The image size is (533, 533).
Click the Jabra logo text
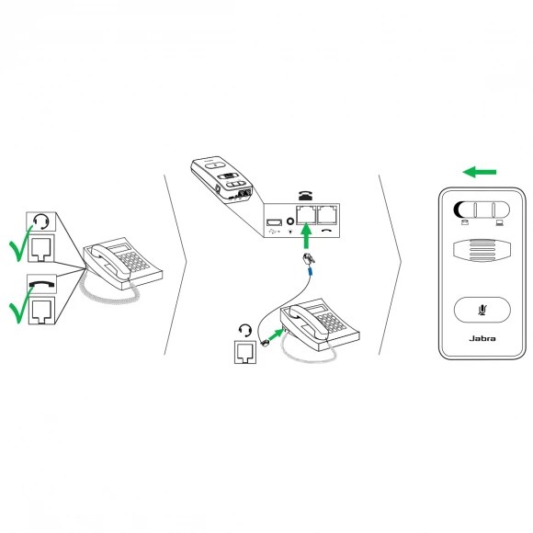[x=482, y=338]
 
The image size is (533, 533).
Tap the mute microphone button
[x=482, y=310]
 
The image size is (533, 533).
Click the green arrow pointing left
[x=480, y=172]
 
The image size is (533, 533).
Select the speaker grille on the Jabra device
[x=482, y=251]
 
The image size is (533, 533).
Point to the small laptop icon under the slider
[x=499, y=223]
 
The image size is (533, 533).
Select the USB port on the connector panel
[x=274, y=222]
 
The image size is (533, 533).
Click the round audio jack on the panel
[x=290, y=221]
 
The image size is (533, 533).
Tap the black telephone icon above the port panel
[x=306, y=196]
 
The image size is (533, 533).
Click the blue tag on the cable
[x=310, y=271]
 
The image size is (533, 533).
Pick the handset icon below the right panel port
[x=327, y=230]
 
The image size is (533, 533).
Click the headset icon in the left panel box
[x=41, y=221]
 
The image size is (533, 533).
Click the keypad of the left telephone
[x=133, y=260]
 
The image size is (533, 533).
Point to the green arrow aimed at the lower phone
[x=276, y=335]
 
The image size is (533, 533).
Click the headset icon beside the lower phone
[x=245, y=330]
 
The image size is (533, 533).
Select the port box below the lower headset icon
[x=245, y=352]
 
